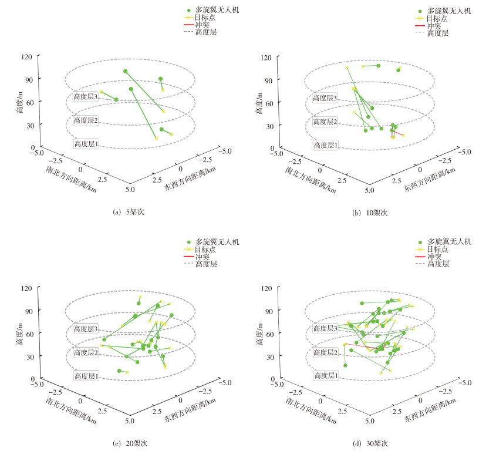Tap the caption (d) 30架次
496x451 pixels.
pyautogui.click(x=370, y=443)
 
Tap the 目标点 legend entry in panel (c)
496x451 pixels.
pyautogui.click(x=207, y=250)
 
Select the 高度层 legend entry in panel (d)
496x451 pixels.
pyautogui.click(x=437, y=264)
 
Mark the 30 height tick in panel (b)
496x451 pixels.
pyautogui.click(x=269, y=126)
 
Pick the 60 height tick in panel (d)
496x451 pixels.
pyautogui.click(x=269, y=334)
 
